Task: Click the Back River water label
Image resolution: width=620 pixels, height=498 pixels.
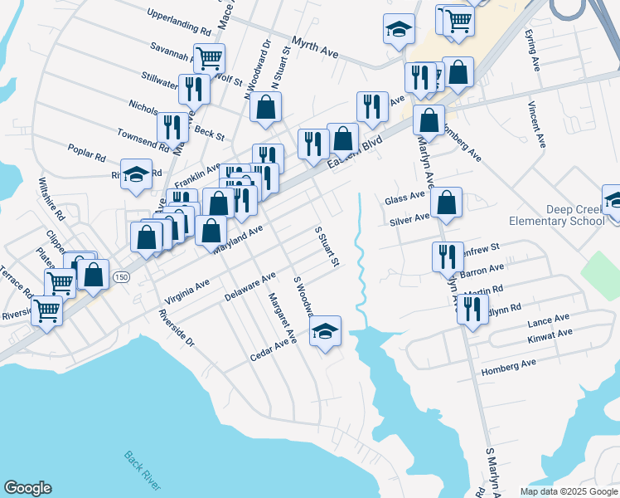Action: click(143, 470)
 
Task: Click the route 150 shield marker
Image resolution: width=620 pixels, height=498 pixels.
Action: click(121, 276)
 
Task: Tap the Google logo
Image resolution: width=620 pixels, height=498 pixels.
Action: click(28, 487)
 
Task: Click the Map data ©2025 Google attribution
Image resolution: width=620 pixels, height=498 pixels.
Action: click(568, 491)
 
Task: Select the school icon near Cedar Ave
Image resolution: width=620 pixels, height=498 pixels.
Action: click(326, 333)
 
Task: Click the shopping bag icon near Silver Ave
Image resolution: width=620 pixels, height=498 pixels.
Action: click(446, 203)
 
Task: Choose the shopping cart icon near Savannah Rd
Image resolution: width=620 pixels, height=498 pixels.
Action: click(211, 58)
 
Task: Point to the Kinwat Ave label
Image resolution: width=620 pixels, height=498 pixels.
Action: click(550, 336)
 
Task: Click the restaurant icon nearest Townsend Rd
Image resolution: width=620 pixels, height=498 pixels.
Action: click(172, 127)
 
